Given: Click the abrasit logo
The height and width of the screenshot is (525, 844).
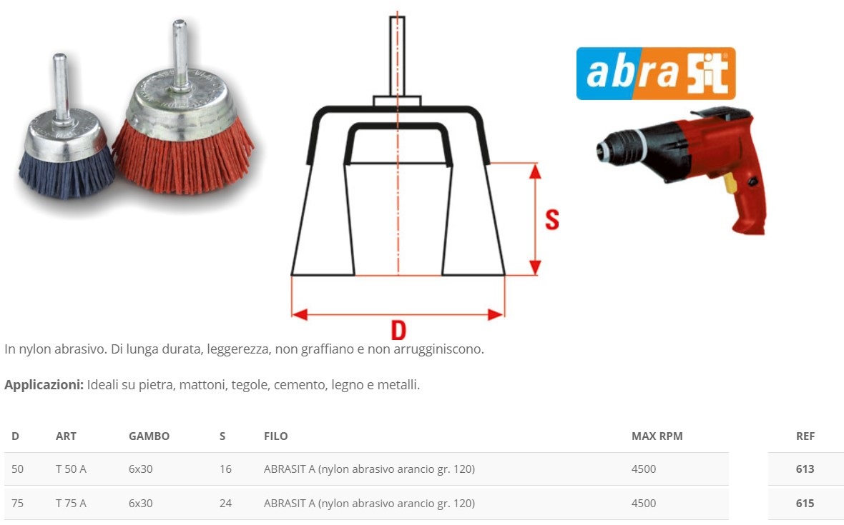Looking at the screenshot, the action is point(656,74).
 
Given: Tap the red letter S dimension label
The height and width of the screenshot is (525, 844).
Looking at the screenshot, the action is point(551,219).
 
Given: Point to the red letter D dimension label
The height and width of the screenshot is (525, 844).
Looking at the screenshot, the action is point(398,330).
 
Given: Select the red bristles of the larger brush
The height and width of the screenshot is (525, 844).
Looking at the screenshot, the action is point(183,157).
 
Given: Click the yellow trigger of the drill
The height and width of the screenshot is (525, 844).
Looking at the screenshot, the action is point(730,184).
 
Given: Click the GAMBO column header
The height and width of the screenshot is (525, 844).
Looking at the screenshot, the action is point(149,436).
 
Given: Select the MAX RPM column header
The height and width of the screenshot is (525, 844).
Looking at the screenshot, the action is point(657,436).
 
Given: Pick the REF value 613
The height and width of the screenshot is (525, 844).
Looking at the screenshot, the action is point(805,469).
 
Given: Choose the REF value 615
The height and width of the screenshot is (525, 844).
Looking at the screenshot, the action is point(805,504).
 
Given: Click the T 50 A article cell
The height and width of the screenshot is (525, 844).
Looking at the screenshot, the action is point(71,469).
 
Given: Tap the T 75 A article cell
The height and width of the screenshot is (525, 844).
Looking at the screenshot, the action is point(71,504).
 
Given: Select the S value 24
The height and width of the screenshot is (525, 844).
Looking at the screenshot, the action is point(225,504).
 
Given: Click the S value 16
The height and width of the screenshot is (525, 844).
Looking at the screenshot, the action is point(225,469).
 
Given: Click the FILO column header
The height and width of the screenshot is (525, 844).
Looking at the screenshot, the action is point(275,436).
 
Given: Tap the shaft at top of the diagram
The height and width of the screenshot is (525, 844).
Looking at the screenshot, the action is point(397,56).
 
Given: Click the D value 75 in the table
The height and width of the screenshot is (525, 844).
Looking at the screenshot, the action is point(17,504).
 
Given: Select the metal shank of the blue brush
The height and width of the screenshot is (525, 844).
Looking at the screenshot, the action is point(60,88).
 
